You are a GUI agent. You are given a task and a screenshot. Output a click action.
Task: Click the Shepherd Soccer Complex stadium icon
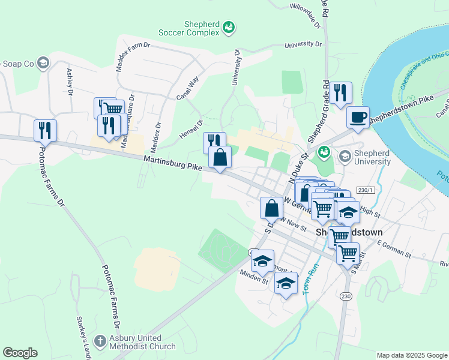pyautogui.click(x=229, y=27)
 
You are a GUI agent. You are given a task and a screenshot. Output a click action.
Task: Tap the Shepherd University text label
pyautogui.click(x=364, y=157)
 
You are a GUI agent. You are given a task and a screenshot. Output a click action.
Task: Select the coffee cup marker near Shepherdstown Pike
pyautogui.click(x=358, y=118)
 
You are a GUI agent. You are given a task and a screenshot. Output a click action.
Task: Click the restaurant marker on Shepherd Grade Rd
pyautogui.click(x=340, y=93)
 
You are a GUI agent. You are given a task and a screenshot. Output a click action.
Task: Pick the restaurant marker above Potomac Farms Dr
pyautogui.click(x=45, y=129)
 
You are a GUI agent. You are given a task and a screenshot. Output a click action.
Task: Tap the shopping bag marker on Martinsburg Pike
pyautogui.click(x=220, y=158)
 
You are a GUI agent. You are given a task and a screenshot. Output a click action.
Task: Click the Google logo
pyautogui.click(x=20, y=353)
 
